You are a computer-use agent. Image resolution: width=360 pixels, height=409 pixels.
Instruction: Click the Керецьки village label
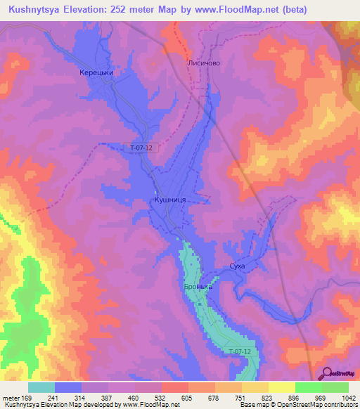coord(97,72)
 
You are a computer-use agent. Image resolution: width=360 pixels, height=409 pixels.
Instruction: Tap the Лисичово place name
coord(205,63)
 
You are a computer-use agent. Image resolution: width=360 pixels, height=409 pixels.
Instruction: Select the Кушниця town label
coord(169,200)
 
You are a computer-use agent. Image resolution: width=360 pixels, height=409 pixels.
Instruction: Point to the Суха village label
coord(238,266)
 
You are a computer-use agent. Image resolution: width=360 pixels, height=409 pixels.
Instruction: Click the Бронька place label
coord(198,287)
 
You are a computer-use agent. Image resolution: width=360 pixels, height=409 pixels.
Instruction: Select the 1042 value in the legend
coord(349,397)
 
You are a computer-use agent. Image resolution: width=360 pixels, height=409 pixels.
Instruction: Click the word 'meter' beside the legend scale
coord(11,397)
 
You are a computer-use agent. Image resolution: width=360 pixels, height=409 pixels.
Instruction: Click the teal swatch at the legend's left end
coord(41,387)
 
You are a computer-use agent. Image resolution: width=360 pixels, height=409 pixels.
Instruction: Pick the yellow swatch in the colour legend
coord(281,387)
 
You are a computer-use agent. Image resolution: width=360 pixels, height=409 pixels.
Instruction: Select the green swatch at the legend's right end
coord(335,387)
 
